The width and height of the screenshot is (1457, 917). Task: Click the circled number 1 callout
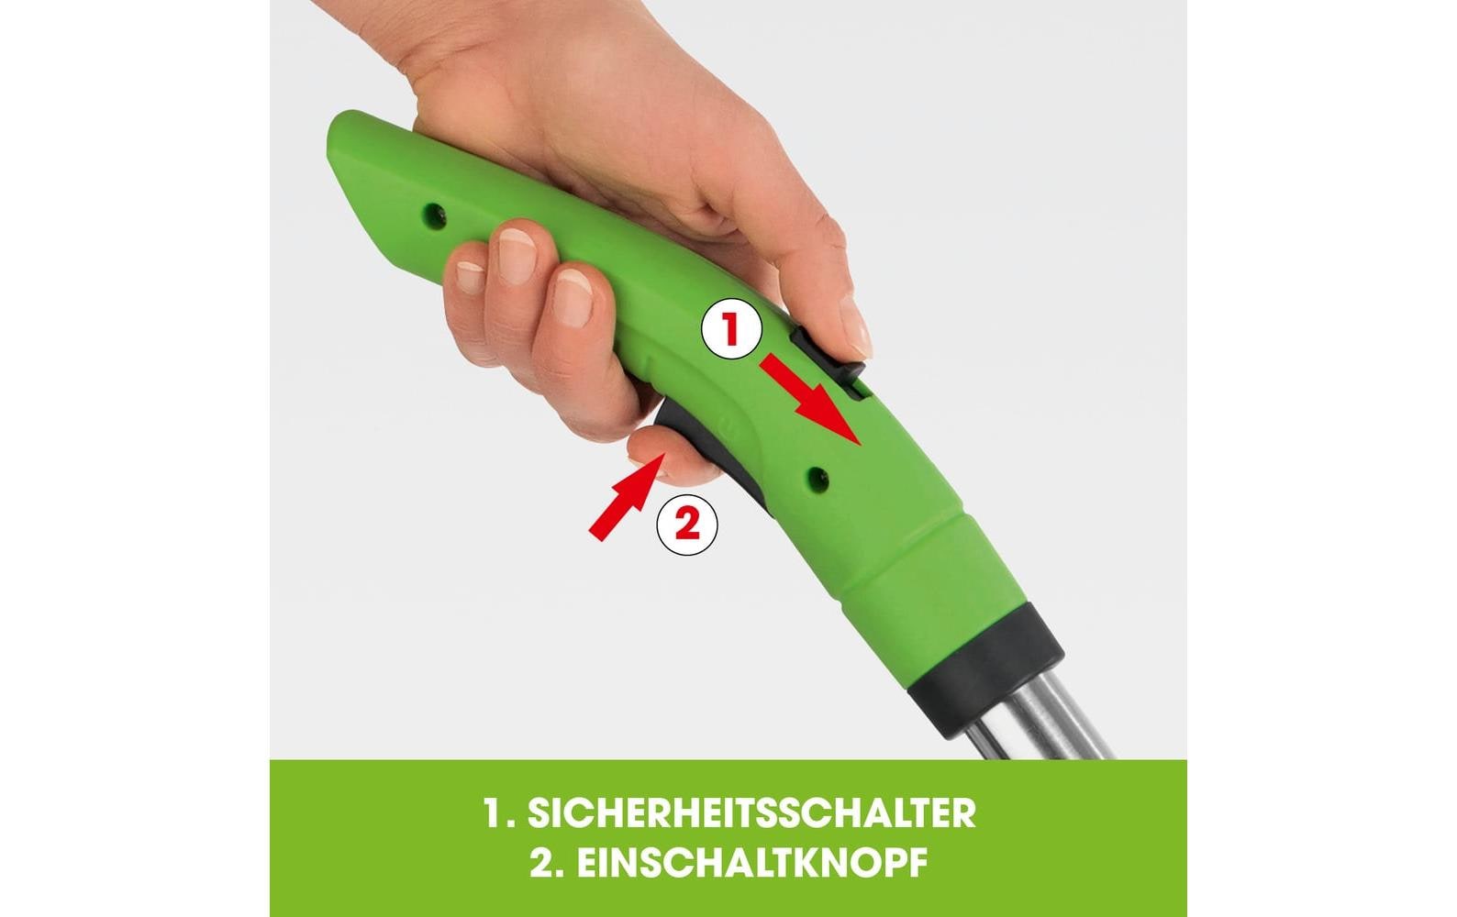coord(731,329)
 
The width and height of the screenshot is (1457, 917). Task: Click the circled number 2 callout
coord(687,525)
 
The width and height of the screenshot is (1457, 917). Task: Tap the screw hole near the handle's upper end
coord(430,215)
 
